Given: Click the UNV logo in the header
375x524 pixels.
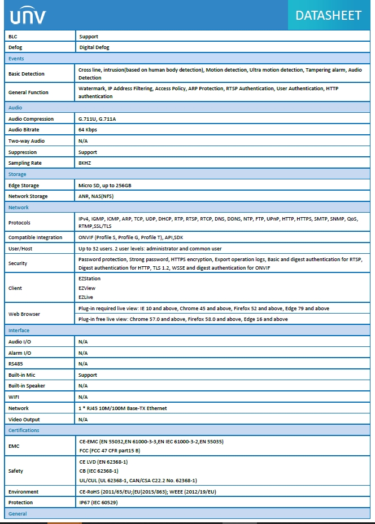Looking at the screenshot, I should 28,16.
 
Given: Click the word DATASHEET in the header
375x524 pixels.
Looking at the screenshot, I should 328,15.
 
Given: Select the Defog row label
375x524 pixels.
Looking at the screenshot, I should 15,47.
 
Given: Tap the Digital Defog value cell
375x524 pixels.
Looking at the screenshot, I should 94,47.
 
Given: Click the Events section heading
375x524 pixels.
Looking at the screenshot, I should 16,59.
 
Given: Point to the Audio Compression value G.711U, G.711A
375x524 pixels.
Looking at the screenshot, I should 101,119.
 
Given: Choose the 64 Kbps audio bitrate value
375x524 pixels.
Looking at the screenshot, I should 88,130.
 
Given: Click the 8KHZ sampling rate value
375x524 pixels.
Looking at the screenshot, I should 85,163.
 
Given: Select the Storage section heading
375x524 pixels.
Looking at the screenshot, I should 18,174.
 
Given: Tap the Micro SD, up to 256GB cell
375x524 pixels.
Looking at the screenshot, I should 105,185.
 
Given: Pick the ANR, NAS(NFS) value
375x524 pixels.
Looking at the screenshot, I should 95,196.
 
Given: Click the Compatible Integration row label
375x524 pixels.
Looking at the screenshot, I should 35,237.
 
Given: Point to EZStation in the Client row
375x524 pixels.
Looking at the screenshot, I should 90,279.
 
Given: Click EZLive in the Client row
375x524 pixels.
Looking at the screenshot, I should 86,297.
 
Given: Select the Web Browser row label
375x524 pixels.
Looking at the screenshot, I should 24,314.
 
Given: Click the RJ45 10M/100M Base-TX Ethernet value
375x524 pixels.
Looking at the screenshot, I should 123,408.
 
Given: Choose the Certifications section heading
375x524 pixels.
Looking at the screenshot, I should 24,430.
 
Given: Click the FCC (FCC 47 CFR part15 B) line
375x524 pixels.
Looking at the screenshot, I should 110,451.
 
